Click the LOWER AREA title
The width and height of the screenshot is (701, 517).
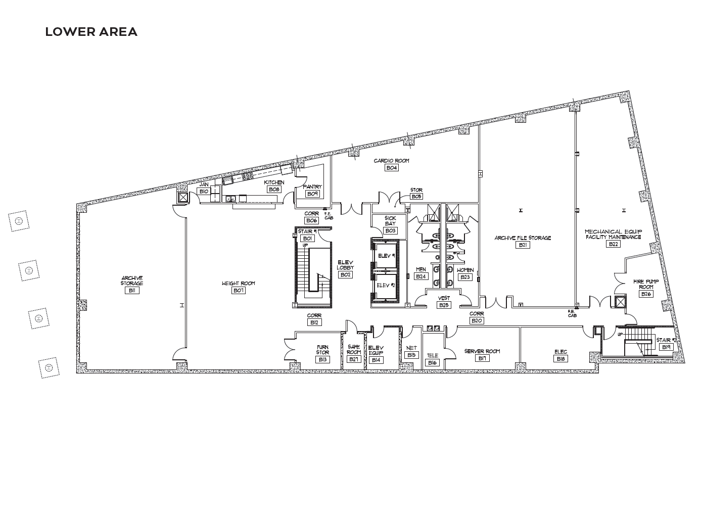(91, 32)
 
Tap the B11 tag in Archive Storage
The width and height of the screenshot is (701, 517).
(132, 291)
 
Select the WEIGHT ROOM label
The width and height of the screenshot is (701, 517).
(239, 283)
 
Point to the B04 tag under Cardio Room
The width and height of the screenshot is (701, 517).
(392, 168)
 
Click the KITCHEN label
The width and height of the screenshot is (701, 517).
(274, 182)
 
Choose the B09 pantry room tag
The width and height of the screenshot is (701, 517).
(313, 194)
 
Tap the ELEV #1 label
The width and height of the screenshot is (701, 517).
(387, 256)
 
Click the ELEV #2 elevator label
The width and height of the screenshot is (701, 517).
(386, 285)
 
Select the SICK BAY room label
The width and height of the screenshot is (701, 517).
(390, 221)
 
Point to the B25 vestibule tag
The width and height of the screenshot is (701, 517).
(444, 305)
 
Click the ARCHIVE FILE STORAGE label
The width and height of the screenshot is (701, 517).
(523, 238)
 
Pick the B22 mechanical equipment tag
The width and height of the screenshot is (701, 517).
(614, 244)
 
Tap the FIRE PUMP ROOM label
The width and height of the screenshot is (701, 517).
(646, 284)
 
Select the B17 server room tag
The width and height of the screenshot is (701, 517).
(482, 358)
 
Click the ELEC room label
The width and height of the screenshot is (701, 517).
(560, 352)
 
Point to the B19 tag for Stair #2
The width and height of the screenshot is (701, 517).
(666, 347)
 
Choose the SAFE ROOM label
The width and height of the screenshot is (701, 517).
(354, 349)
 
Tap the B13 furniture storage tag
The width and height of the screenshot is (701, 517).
(322, 360)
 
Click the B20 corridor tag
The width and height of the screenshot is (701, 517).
(477, 321)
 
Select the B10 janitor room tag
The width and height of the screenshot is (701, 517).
(204, 192)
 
